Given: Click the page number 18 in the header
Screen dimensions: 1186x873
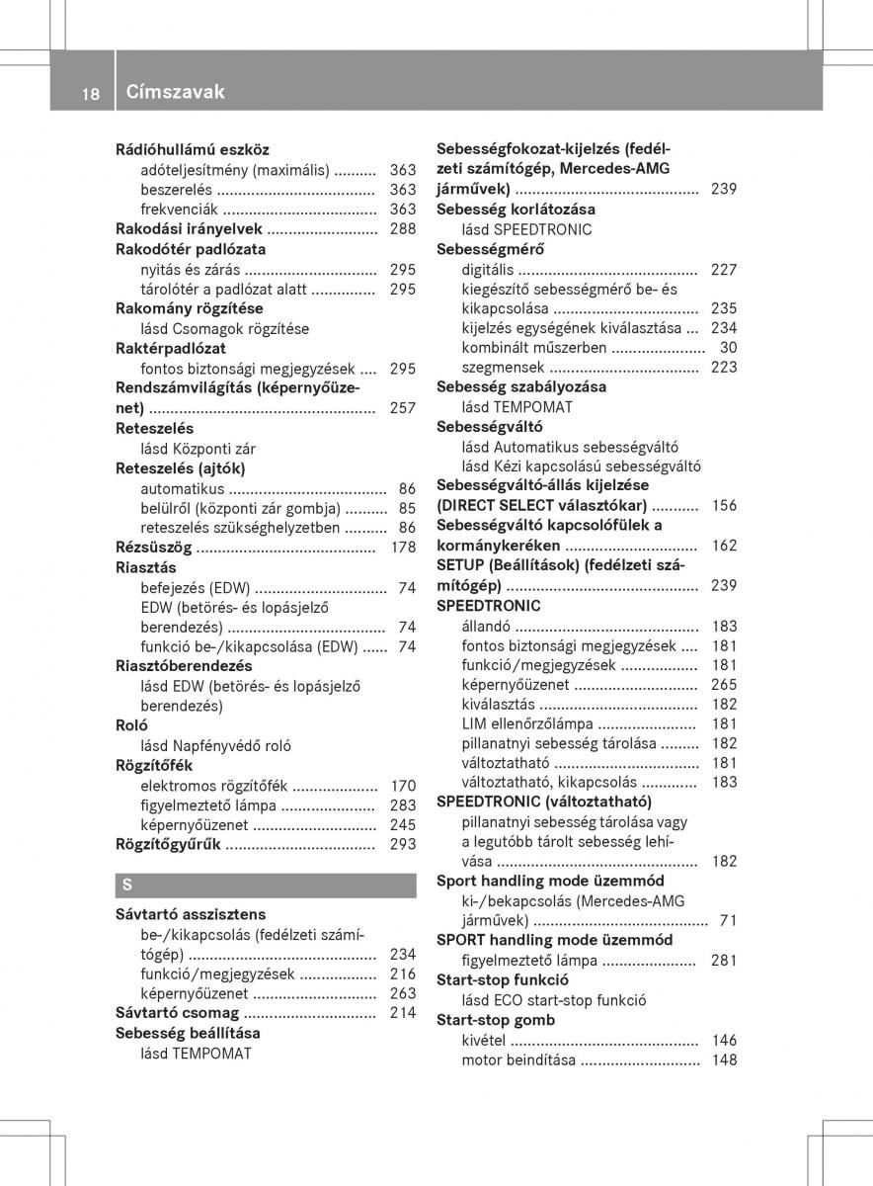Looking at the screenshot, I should [90, 93].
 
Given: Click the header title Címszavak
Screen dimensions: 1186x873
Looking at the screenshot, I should [176, 92].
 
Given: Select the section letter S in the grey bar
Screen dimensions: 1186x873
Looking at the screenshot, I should [127, 885].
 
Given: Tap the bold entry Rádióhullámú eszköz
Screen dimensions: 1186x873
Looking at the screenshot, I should [193, 150].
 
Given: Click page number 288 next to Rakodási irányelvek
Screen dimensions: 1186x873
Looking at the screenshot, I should [402, 229].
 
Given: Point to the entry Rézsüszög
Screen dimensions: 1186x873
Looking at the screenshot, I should [153, 548].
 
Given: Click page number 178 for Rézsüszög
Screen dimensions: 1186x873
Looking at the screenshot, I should [402, 548].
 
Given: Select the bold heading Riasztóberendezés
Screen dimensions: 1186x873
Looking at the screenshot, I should [184, 666].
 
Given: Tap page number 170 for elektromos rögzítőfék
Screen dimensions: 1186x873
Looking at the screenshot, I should [402, 786].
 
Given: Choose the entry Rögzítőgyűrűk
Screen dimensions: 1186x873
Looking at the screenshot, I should [168, 845].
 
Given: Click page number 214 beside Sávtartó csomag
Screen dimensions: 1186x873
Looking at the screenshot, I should [402, 1013].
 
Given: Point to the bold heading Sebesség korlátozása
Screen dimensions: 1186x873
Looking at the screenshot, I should [516, 210].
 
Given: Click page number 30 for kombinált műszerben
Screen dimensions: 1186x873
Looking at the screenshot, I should [728, 348].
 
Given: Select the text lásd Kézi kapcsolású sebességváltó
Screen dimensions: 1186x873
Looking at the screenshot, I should [581, 466].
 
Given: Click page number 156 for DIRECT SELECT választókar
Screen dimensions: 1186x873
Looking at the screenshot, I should [724, 506].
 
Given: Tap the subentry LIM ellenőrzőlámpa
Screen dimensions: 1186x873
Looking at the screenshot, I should [526, 724].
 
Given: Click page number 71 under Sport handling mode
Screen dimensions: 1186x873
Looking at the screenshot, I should [728, 921].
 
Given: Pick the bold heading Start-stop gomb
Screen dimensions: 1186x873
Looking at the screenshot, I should [496, 1020].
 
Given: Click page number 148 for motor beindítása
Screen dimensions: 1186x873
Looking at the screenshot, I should [724, 1060].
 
